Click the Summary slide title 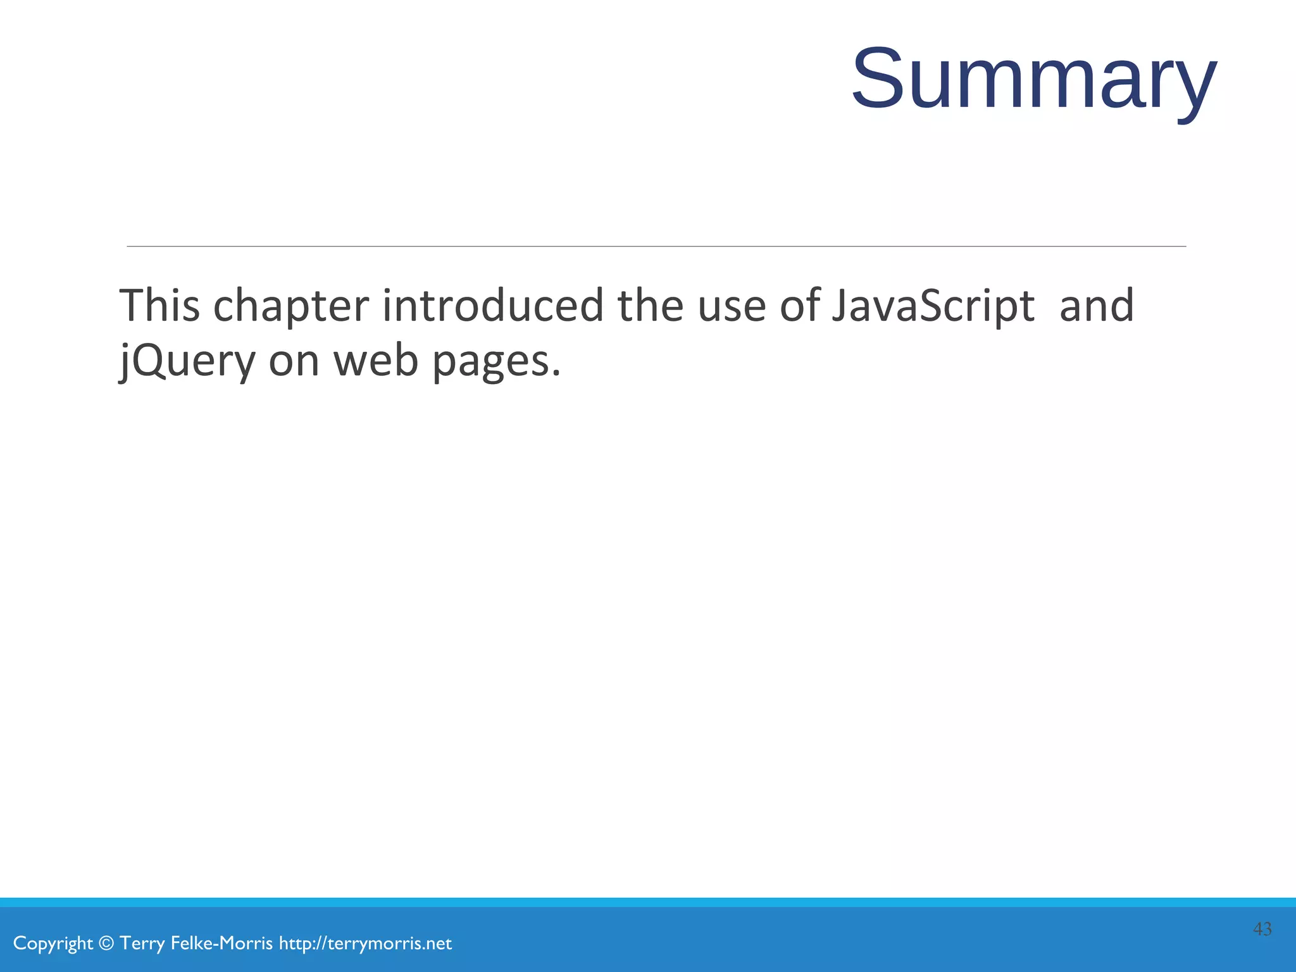(x=1034, y=80)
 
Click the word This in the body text (x=159, y=306)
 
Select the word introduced (x=493, y=306)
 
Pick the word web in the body (x=376, y=361)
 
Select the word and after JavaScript (x=1097, y=306)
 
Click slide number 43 (x=1262, y=929)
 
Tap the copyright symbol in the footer (x=106, y=944)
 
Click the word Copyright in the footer (x=53, y=944)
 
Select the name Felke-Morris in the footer (x=221, y=944)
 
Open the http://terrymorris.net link (x=365, y=944)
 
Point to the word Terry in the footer (x=142, y=944)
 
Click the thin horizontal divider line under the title (x=656, y=246)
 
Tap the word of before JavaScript (x=799, y=306)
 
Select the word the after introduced (x=651, y=306)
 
